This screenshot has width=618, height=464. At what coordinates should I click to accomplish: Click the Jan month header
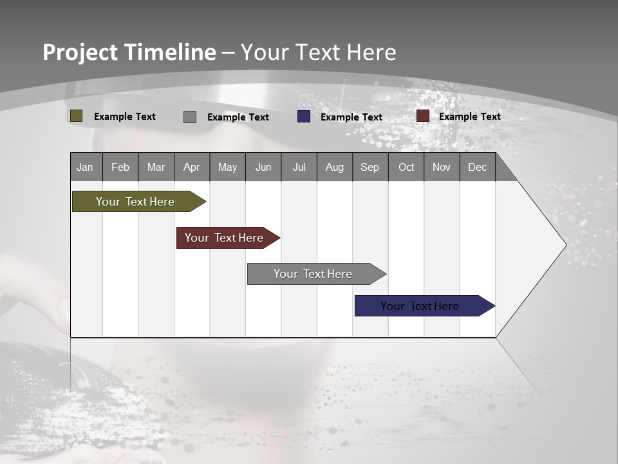86,167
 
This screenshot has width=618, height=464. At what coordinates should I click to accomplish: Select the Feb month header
120,167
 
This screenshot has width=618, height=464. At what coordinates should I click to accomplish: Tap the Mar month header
156,167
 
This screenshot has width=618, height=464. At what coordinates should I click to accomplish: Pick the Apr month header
192,167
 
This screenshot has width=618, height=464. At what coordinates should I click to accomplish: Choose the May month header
227,167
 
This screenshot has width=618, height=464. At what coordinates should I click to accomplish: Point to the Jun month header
263,167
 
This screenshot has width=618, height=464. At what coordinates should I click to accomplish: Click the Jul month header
299,167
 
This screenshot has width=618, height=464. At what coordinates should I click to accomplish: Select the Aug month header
335,167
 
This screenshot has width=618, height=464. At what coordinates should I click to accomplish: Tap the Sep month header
370,167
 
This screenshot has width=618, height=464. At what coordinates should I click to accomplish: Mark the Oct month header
406,167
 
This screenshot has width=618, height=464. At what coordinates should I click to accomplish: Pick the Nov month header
442,167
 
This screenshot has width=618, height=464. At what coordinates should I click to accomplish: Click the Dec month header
478,167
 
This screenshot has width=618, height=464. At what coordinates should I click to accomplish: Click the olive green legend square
77,116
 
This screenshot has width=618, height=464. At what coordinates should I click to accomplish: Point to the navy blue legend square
304,117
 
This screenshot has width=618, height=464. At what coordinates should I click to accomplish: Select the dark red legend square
423,116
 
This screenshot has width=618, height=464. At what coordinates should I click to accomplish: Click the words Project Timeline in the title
129,52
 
